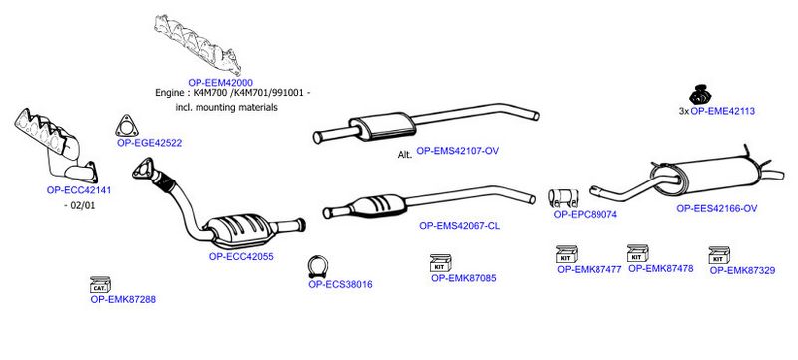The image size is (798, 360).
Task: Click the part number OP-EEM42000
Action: (220, 83)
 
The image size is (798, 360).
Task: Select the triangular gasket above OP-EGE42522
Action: (127, 126)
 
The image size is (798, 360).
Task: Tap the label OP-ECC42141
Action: (79, 190)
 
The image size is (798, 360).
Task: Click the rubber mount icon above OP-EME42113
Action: (700, 94)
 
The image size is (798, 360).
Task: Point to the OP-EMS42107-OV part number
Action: (457, 151)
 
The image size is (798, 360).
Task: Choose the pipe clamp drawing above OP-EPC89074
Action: (563, 198)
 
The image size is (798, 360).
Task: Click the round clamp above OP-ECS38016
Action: (318, 267)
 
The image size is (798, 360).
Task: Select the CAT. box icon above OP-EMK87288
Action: (100, 285)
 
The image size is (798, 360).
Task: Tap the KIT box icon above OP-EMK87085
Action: (441, 263)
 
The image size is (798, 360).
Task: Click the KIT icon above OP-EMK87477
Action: (566, 254)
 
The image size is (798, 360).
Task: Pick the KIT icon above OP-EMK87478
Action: (637, 253)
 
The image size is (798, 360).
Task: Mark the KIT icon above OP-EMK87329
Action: (719, 255)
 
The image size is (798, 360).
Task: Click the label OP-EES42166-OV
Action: (716, 209)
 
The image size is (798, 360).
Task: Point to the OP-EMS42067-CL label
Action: (459, 226)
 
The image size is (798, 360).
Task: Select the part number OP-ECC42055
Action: (241, 256)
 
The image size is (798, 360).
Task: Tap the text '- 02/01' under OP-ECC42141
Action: (81, 205)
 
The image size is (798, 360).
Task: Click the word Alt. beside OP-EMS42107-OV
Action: (405, 154)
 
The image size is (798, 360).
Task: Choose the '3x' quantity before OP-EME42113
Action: (684, 111)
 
